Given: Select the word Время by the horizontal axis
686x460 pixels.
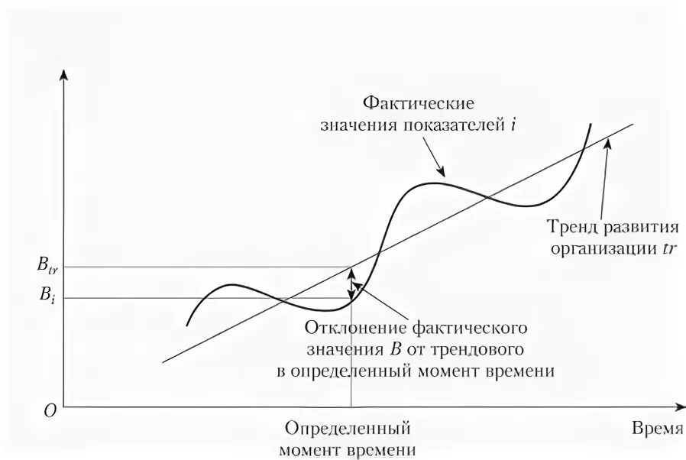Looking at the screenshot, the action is pyautogui.click(x=656, y=428).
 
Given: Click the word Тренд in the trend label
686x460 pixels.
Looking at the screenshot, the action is pyautogui.click(x=569, y=227).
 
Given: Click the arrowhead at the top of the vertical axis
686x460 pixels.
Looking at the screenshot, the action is pyautogui.click(x=65, y=75).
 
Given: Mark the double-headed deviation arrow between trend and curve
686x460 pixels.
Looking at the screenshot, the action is pyautogui.click(x=351, y=283).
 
